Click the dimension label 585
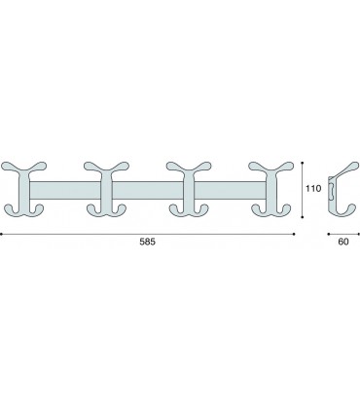pos(148,242)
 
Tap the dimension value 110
pos(313,188)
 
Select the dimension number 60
pos(343,242)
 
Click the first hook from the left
pos(24,189)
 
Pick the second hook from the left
pos(106,189)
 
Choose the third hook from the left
pos(189,189)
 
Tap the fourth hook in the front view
pos(271,189)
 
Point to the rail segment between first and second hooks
pos(65,191)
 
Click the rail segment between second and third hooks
pos(148,191)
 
